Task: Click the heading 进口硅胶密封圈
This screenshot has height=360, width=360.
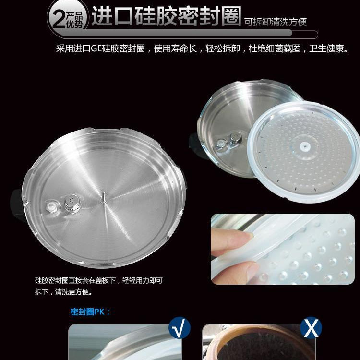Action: (166, 16)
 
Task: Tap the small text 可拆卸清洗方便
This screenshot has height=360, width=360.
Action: (276, 22)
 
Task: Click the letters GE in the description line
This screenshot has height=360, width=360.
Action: (96, 48)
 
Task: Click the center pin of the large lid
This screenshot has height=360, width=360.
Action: (104, 198)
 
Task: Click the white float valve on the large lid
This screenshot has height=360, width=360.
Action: (51, 206)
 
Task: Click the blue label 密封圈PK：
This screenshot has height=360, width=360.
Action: (90, 312)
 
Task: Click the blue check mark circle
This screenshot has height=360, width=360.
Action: (180, 328)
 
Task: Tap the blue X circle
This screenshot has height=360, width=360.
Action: (311, 328)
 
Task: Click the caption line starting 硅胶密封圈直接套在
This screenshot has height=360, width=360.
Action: (99, 280)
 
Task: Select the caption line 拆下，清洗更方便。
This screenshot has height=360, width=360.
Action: (63, 292)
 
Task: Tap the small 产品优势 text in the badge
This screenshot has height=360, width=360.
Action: (74, 20)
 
